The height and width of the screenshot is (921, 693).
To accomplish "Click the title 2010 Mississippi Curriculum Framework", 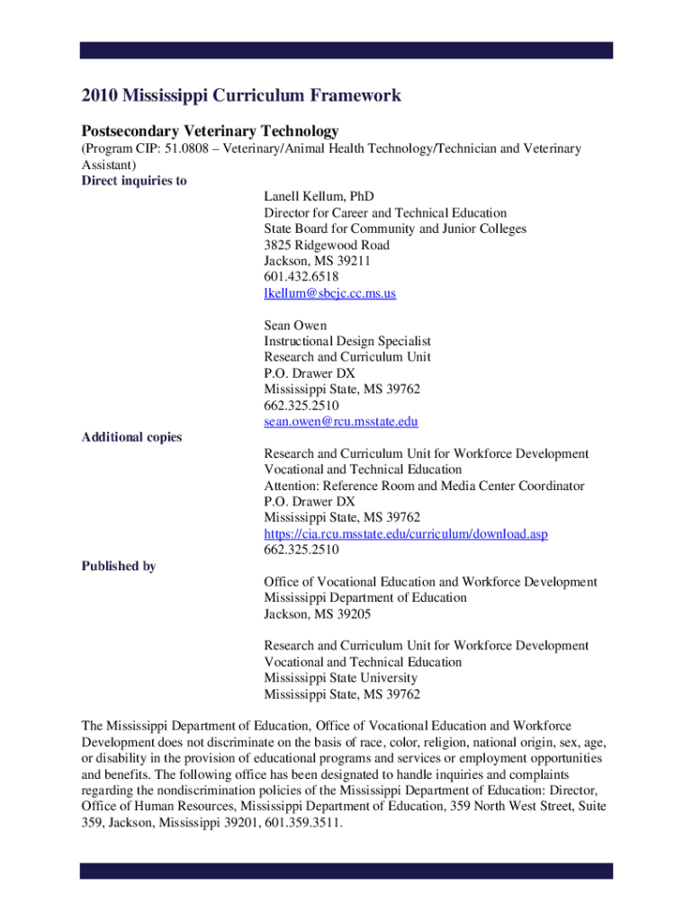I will pyautogui.click(x=241, y=95).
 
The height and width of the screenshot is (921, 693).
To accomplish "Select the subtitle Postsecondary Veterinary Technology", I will pyautogui.click(x=210, y=130).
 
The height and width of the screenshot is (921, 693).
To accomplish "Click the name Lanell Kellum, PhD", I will pyautogui.click(x=319, y=196).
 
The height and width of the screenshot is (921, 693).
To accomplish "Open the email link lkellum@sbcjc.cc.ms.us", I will pyautogui.click(x=329, y=293).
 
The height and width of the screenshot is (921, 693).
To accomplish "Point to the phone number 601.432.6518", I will pyautogui.click(x=301, y=277).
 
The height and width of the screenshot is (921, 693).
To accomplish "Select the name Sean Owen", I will pyautogui.click(x=295, y=325).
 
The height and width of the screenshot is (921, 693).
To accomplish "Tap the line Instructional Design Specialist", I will pyautogui.click(x=347, y=341).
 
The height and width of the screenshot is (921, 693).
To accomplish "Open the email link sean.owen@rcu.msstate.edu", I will pyautogui.click(x=340, y=421).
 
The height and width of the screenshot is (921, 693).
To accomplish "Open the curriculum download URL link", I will pyautogui.click(x=405, y=533).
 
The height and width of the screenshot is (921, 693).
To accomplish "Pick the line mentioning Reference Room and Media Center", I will pyautogui.click(x=424, y=486).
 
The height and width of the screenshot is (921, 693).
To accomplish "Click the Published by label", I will pyautogui.click(x=119, y=566).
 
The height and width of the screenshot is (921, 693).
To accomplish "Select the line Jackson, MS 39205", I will pyautogui.click(x=317, y=614).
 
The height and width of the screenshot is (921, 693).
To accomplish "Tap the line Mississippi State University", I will pyautogui.click(x=340, y=678).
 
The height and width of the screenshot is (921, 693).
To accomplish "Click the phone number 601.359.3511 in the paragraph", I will pyautogui.click(x=303, y=822).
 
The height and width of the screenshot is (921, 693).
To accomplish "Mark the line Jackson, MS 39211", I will pyautogui.click(x=317, y=261).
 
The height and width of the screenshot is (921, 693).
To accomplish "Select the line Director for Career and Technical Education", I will pyautogui.click(x=385, y=212).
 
